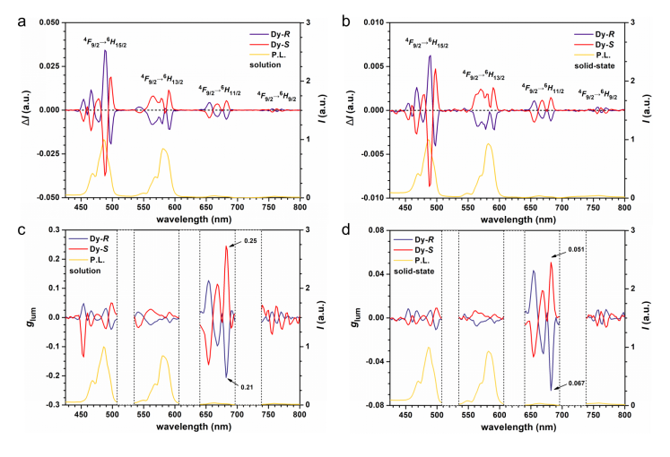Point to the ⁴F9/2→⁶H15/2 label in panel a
tap(103, 38)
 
